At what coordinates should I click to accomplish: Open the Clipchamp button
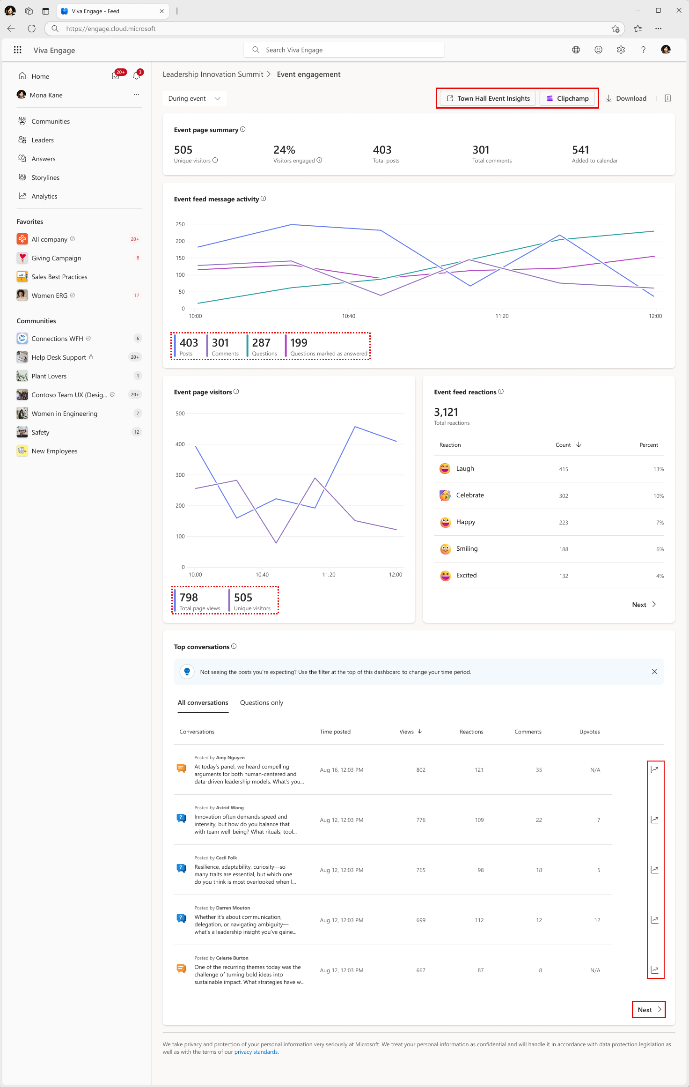point(567,98)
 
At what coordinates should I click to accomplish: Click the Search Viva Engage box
point(344,50)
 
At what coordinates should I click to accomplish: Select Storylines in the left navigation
point(45,177)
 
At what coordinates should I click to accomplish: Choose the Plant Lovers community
point(49,376)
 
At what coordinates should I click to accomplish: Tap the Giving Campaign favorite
point(56,258)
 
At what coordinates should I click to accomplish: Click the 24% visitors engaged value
point(284,150)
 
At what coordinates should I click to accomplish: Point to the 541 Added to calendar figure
point(580,150)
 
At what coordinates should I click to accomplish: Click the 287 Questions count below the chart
point(261,343)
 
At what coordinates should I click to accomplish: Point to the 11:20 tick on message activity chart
point(502,316)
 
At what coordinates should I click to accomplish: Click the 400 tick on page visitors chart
point(180,444)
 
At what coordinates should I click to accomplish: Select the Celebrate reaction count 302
point(564,496)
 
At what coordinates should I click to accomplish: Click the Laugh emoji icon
point(445,468)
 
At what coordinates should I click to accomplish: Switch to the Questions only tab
point(262,702)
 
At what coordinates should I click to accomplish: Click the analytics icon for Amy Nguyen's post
point(655,769)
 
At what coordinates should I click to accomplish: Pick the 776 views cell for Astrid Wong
point(421,820)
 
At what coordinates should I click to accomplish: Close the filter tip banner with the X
point(654,672)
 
